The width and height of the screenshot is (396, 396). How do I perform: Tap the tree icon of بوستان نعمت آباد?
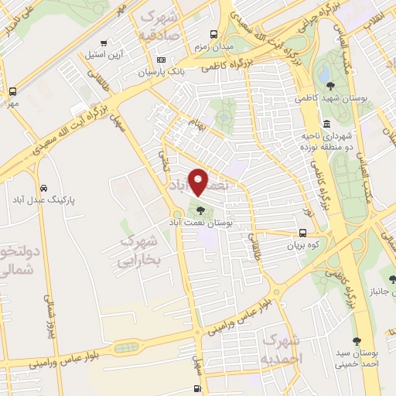[x=200, y=209]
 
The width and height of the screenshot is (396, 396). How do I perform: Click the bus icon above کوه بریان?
[x=302, y=233]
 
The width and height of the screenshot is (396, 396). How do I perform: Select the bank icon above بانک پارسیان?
[x=161, y=60]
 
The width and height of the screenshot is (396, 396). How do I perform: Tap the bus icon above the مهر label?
[x=12, y=91]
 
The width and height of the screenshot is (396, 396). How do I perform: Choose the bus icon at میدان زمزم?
[x=214, y=33]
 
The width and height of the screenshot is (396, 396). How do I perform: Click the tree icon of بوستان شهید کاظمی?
[x=331, y=86]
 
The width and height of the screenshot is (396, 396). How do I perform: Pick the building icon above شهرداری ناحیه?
[x=326, y=124]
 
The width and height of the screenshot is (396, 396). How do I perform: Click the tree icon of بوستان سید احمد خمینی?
[x=357, y=341]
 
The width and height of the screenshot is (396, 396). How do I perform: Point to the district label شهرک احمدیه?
[x=282, y=349]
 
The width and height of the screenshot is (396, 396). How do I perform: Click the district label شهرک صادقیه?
[x=159, y=26]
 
